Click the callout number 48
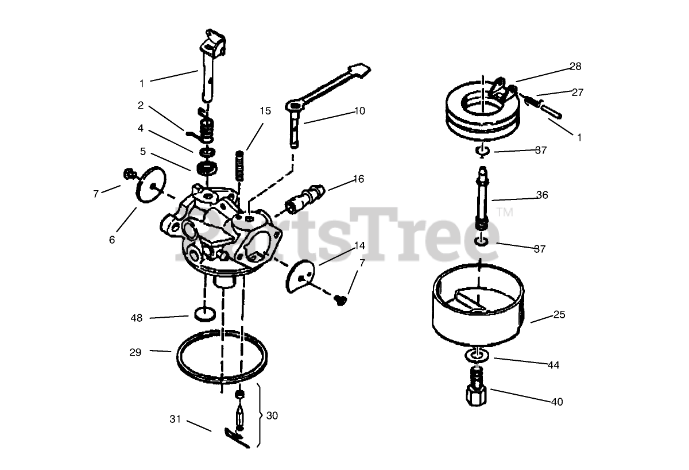[137, 318]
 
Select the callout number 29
[136, 352]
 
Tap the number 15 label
[265, 111]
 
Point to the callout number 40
[557, 402]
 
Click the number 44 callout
[553, 365]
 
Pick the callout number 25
[559, 314]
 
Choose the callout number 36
[542, 195]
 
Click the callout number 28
[575, 67]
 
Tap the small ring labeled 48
[205, 314]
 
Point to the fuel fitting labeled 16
[304, 198]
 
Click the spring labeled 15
[239, 165]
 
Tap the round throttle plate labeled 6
[151, 184]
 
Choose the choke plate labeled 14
[301, 275]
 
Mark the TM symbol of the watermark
[505, 212]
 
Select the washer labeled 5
[207, 168]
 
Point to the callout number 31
[175, 419]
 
